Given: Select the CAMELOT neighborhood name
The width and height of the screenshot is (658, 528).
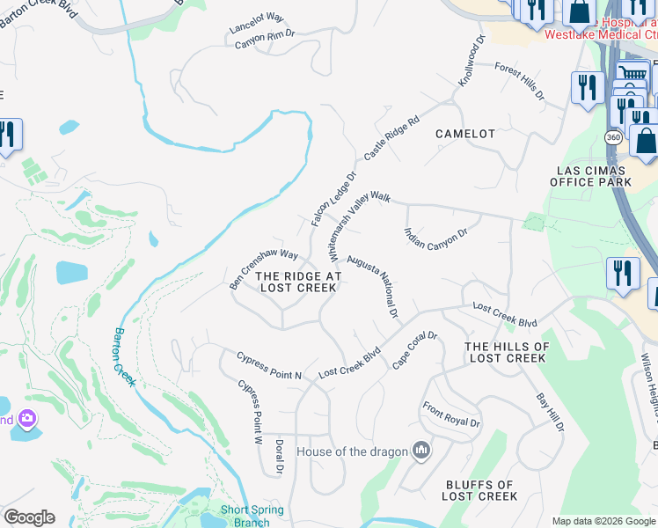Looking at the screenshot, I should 465,134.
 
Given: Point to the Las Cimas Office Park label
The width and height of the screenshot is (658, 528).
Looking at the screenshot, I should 590,176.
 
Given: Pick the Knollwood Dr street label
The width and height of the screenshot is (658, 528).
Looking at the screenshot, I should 472,62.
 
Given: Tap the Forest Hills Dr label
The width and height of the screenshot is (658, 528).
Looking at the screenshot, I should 519,80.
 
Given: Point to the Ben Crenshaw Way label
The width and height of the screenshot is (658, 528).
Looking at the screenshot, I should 264,268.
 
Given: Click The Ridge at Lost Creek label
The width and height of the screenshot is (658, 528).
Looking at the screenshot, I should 297,282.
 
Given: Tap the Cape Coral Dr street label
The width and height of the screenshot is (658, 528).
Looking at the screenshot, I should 414,350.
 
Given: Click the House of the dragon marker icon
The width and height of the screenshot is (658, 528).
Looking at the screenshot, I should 421,451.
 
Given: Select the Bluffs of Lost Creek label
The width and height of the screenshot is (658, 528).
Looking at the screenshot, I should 479,490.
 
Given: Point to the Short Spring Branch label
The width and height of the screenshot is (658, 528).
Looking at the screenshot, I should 252,516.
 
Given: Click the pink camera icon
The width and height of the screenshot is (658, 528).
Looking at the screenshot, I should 28,417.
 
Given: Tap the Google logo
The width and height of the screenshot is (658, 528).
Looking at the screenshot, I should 29,517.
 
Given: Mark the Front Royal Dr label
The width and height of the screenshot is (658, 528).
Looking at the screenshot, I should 451,415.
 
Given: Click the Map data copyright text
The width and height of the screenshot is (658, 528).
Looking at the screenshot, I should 603,521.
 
